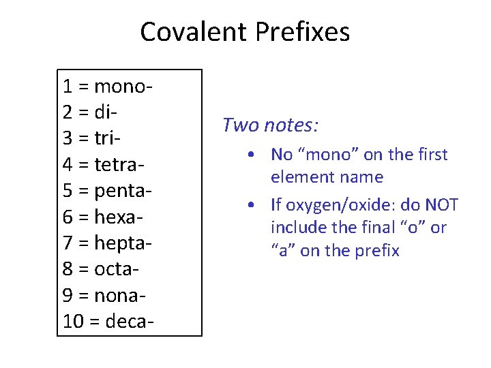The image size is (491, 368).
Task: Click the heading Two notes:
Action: coord(271,125)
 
